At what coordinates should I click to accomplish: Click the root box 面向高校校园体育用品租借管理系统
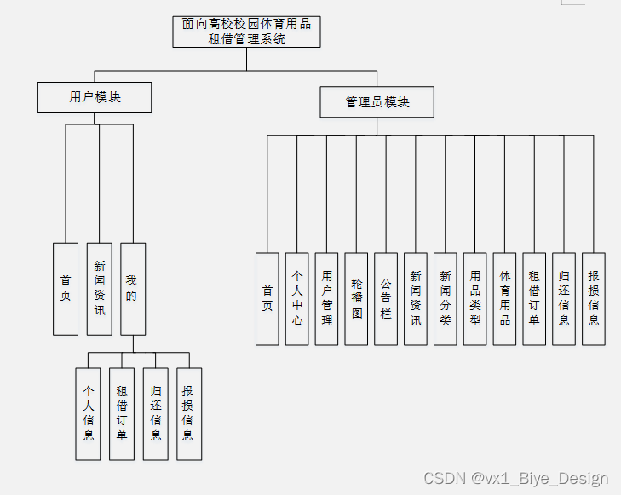[x=247, y=32]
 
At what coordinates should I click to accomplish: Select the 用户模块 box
[x=95, y=97]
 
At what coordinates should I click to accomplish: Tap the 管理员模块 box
[x=377, y=102]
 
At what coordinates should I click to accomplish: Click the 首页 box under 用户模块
[x=66, y=289]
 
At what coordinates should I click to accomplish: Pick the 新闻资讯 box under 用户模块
[x=100, y=289]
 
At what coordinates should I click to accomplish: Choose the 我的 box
[x=132, y=289]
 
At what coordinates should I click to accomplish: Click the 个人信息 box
[x=88, y=414]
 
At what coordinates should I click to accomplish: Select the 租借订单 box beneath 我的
[x=122, y=414]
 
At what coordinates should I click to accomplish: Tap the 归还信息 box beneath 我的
[x=156, y=414]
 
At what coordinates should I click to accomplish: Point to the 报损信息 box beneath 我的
[x=189, y=414]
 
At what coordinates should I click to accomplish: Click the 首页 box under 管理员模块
[x=267, y=298]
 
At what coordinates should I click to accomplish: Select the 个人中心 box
[x=297, y=298]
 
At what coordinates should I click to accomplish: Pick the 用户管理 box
[x=327, y=298]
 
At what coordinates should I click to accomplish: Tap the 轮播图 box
[x=356, y=298]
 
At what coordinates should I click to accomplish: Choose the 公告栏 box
[x=386, y=298]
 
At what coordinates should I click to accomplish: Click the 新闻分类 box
[x=446, y=298]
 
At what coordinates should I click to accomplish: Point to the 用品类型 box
[x=475, y=298]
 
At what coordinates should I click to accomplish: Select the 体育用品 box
[x=504, y=298]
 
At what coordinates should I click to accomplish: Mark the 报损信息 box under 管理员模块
[x=594, y=298]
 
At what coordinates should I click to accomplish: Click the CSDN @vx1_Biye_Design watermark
[x=516, y=479]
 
